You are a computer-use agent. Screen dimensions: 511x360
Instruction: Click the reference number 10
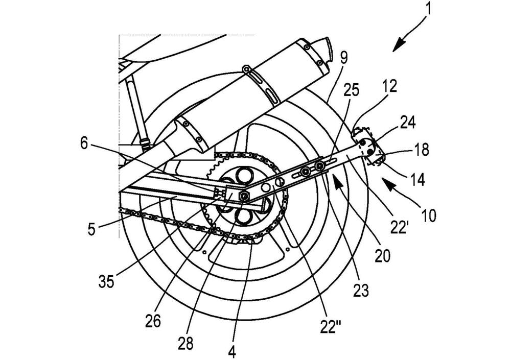[429, 215]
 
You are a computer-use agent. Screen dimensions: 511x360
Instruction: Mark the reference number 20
[382, 256]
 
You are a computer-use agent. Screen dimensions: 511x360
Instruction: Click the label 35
[106, 282]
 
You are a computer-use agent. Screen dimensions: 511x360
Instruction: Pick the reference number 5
[92, 229]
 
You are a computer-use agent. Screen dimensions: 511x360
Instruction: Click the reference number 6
[84, 143]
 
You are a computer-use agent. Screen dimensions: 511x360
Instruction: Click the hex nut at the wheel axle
[244, 196]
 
